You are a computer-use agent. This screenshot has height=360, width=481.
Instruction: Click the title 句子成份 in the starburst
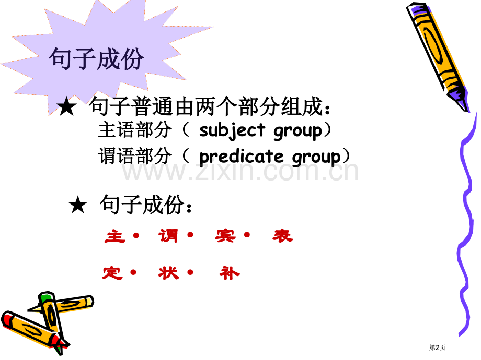pos(96,59)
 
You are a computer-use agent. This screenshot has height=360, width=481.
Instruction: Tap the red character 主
pos(115,236)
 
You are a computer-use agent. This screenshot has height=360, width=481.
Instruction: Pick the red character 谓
pos(168,236)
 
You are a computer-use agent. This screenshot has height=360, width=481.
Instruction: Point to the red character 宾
pos(225,236)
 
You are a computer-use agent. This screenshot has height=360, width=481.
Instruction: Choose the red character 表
pos(282,236)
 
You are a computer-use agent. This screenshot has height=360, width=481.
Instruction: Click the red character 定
pos(112,272)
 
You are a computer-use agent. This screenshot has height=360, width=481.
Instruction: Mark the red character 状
pos(168,272)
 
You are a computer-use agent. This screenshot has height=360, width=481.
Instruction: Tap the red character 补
pos(230,272)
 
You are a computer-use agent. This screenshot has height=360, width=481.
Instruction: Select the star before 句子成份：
pos(77,206)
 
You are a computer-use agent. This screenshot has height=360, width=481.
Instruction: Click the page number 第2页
pos(437,347)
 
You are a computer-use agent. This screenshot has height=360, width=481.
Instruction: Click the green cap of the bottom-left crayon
pos(46,298)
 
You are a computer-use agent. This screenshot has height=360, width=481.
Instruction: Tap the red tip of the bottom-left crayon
pos(8,318)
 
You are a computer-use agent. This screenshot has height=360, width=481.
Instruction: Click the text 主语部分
pos(134,130)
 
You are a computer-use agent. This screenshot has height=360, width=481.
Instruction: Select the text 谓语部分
pos(134,157)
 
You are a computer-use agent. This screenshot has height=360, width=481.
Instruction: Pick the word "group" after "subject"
pos(298,130)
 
